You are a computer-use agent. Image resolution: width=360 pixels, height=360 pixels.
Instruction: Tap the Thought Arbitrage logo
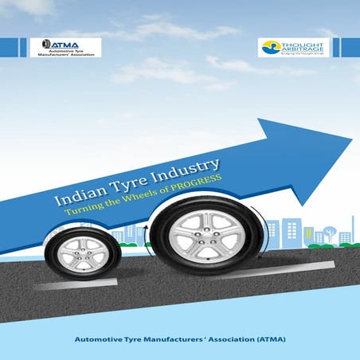294,47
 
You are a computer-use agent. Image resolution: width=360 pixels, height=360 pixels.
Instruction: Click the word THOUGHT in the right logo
301,41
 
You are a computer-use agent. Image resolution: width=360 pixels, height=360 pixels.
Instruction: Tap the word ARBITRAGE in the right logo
301,48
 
